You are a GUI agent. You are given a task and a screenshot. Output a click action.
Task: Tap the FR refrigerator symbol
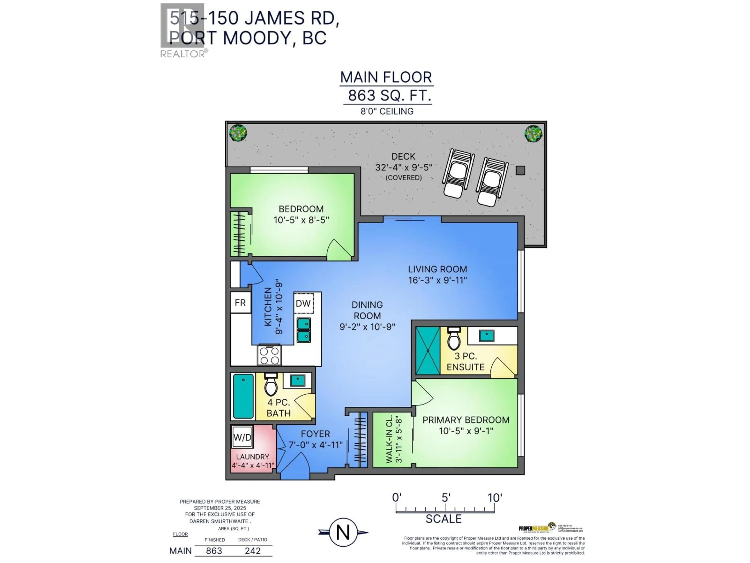click(240, 302)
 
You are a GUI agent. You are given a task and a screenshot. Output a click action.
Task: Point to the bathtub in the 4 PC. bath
click(243, 396)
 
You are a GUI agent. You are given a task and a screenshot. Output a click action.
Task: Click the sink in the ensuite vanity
click(487, 335)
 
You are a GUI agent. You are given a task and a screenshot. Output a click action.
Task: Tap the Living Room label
click(437, 269)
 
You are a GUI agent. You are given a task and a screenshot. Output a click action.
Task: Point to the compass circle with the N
click(343, 532)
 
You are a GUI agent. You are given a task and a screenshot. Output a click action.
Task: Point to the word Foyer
click(315, 434)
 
